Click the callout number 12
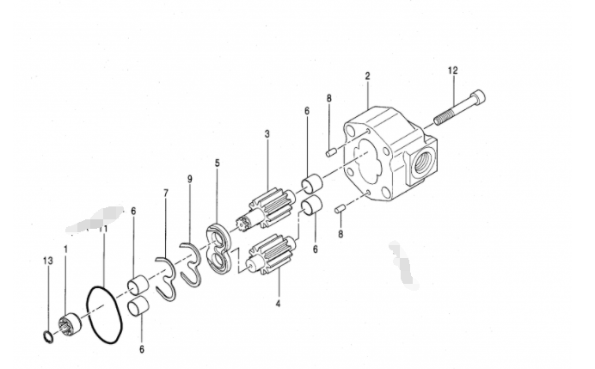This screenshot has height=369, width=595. (x=453, y=71)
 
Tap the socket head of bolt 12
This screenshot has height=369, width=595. (x=478, y=96)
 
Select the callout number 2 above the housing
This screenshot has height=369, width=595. (x=367, y=76)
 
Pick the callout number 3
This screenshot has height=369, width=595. (x=267, y=134)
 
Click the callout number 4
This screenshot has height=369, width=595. (x=278, y=304)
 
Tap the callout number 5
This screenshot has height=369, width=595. (x=217, y=163)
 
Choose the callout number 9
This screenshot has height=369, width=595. (x=190, y=179)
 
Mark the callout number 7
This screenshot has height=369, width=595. (x=165, y=194)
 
